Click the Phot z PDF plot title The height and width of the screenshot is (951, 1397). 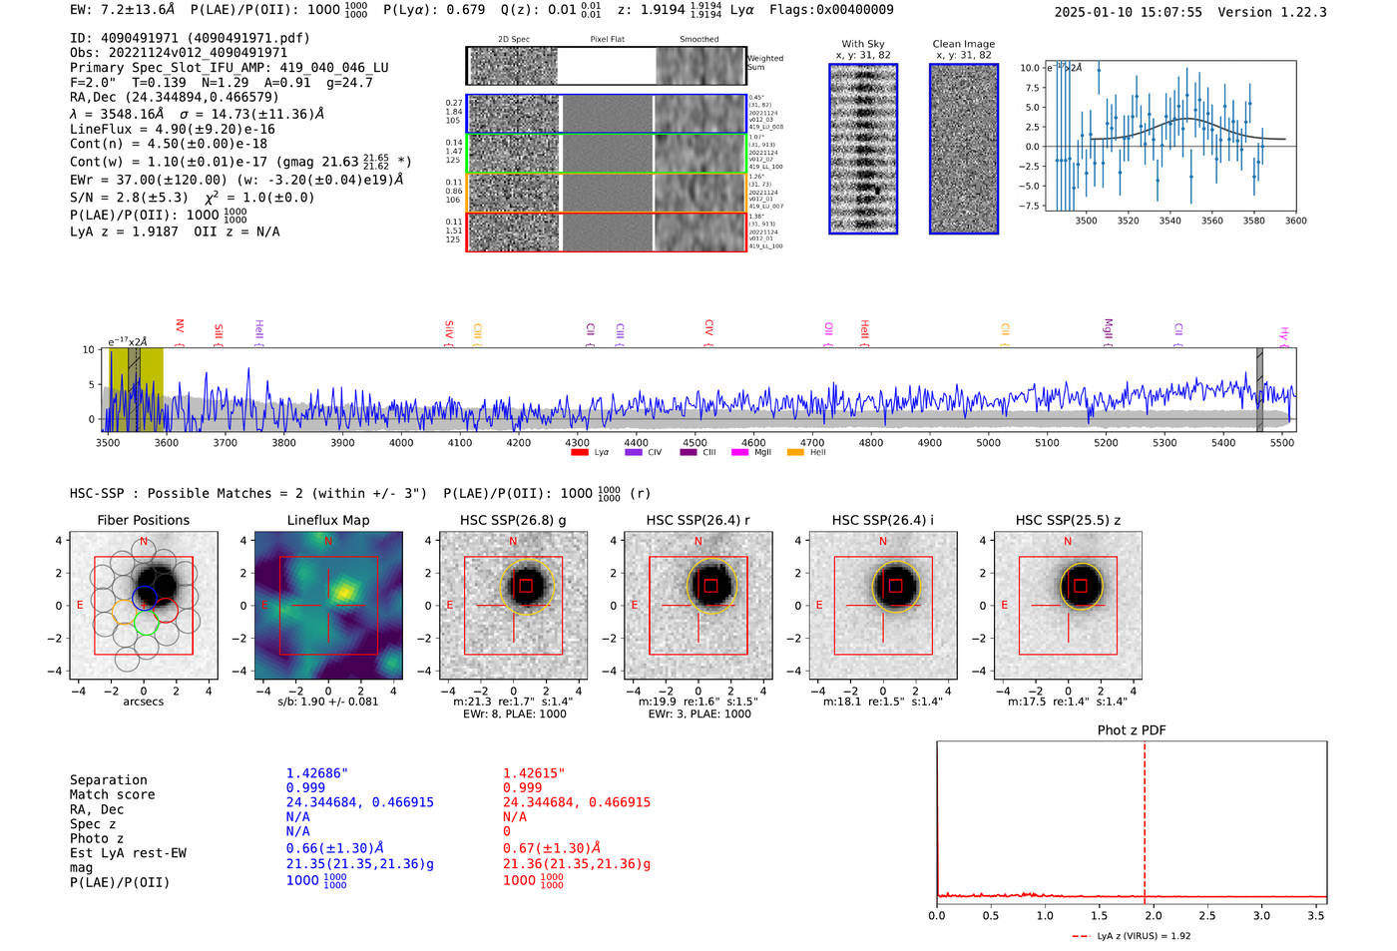1131,730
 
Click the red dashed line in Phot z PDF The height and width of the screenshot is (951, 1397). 1145,818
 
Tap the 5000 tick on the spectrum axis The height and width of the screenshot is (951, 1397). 988,443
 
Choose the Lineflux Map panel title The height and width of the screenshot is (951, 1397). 328,520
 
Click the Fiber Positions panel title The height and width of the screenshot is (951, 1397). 143,520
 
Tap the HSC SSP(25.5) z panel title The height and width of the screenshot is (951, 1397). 1068,520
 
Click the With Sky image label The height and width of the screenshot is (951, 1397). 863,44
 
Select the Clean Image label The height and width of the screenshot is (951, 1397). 963,44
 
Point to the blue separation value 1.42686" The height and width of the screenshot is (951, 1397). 316,773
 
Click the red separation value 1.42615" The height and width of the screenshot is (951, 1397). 534,773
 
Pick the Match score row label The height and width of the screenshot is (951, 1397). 112,795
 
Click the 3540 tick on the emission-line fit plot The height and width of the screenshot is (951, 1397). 1169,222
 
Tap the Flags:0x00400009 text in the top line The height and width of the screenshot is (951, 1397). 831,10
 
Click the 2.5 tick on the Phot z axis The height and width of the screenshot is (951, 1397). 1207,915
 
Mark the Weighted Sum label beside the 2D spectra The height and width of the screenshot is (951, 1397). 764,63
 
